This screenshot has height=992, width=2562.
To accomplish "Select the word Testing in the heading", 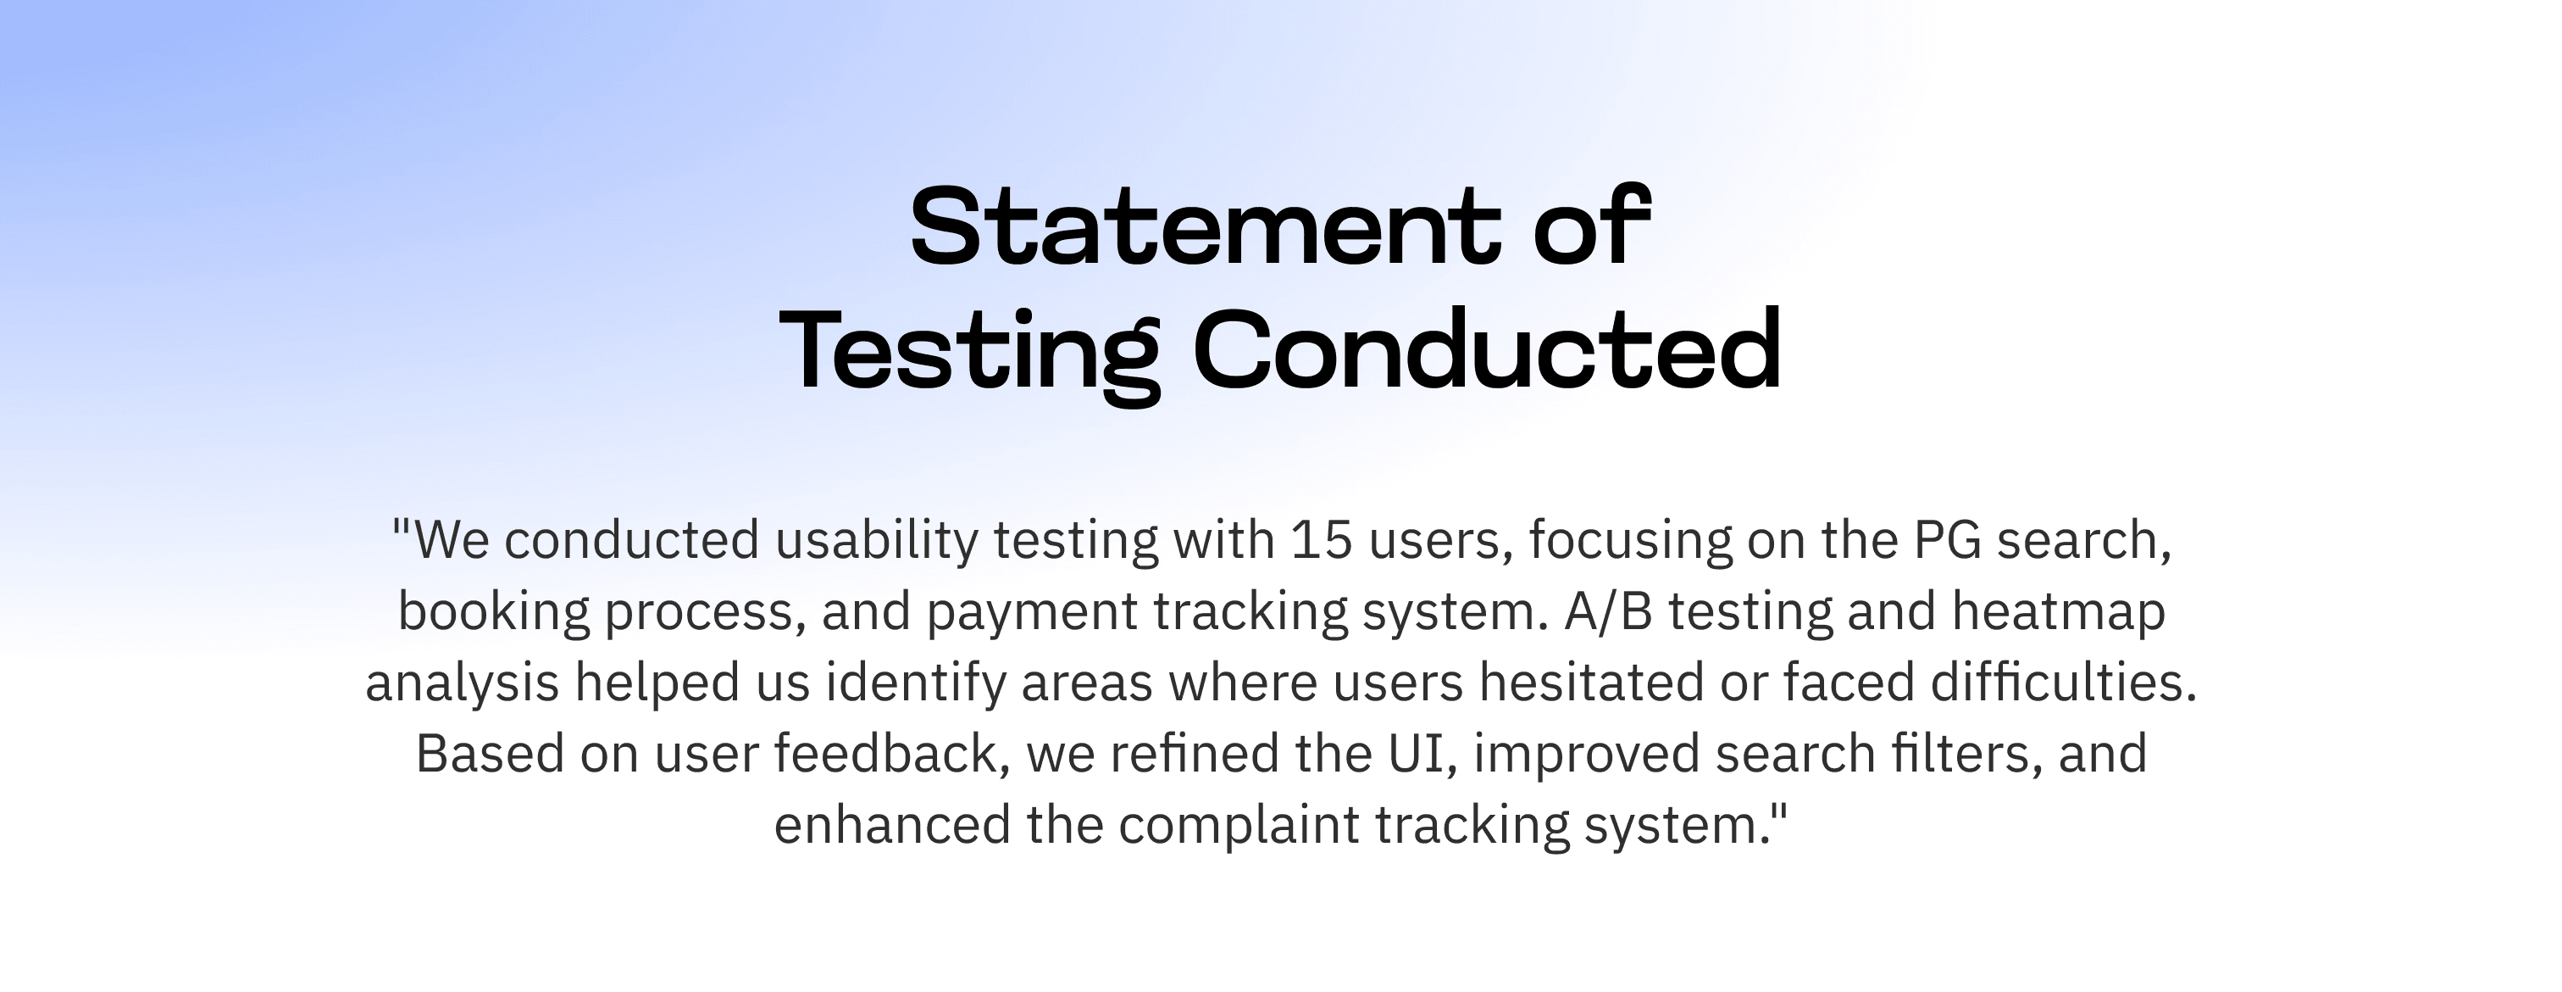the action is point(968,356).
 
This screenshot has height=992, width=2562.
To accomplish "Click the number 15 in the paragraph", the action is point(1321,540).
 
